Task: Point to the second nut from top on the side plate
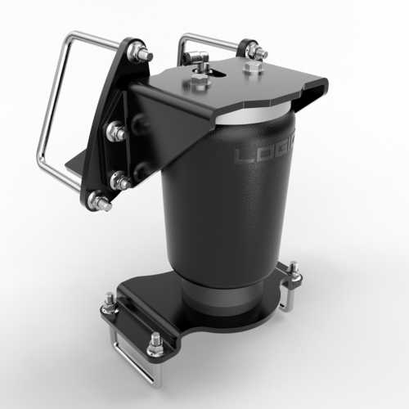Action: pyautogui.click(x=114, y=131)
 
